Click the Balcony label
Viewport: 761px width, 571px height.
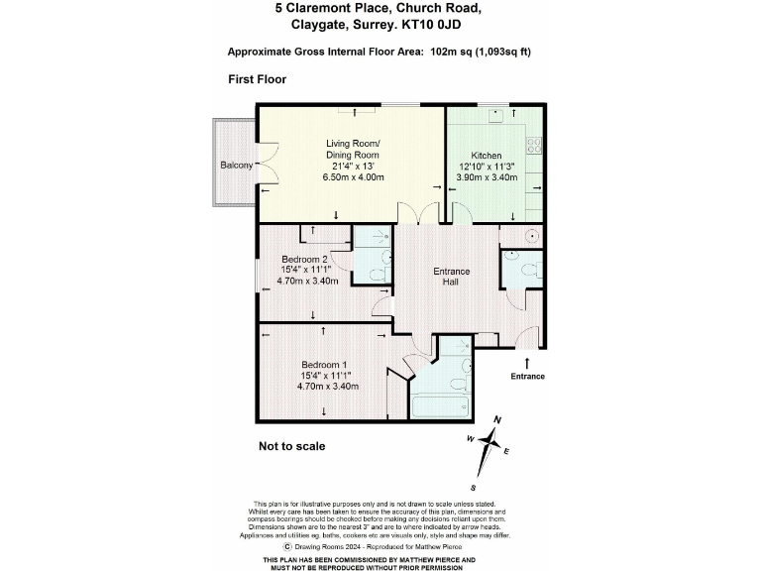pyautogui.click(x=236, y=165)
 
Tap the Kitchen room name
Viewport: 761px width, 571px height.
pyautogui.click(x=486, y=156)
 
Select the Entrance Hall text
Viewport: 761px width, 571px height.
pyautogui.click(x=451, y=277)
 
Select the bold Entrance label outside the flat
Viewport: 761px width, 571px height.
pyautogui.click(x=527, y=377)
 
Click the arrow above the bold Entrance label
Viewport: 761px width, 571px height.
pyautogui.click(x=527, y=363)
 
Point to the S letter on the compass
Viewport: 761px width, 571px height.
pyautogui.click(x=474, y=488)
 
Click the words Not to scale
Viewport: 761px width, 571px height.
pyautogui.click(x=292, y=446)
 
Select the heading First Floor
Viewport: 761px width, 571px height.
pyautogui.click(x=257, y=79)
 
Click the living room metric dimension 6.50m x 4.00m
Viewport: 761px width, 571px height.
pyautogui.click(x=354, y=176)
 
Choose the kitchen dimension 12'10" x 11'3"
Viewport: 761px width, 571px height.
pyautogui.click(x=486, y=167)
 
